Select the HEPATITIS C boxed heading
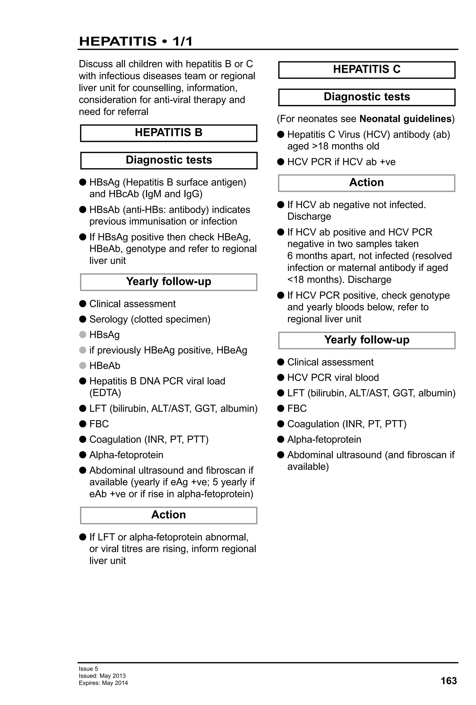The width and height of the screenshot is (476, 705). (367, 69)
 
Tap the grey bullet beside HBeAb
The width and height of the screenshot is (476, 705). (83, 366)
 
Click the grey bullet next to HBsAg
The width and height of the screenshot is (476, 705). (83, 335)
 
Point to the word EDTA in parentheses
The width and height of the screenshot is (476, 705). (105, 393)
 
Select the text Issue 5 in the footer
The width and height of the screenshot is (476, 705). (88, 669)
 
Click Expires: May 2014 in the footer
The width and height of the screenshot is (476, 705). (103, 683)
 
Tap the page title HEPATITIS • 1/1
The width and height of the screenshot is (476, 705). (136, 41)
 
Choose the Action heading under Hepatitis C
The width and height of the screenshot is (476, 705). (367, 183)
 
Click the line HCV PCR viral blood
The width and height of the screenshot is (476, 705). (333, 377)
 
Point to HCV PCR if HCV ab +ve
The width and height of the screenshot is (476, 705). (341, 162)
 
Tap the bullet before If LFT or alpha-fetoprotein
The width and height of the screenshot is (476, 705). (83, 537)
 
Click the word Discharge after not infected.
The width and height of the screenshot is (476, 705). (309, 216)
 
